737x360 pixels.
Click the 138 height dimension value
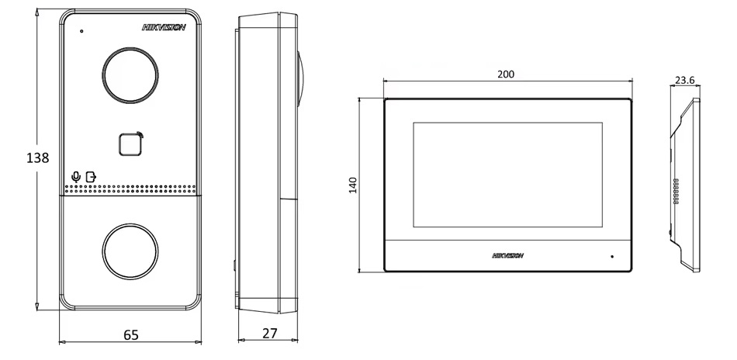[x=37, y=158]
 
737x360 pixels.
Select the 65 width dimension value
[x=131, y=335]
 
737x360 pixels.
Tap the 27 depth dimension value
[x=270, y=333]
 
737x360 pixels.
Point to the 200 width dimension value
[x=506, y=74]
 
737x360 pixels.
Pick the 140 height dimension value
[x=354, y=185]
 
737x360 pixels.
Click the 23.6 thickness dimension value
[x=684, y=81]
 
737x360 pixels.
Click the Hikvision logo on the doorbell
[x=164, y=28]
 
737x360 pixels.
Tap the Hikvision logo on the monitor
[x=507, y=256]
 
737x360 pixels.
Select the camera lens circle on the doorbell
[x=130, y=47]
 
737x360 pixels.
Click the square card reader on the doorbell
[x=130, y=145]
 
